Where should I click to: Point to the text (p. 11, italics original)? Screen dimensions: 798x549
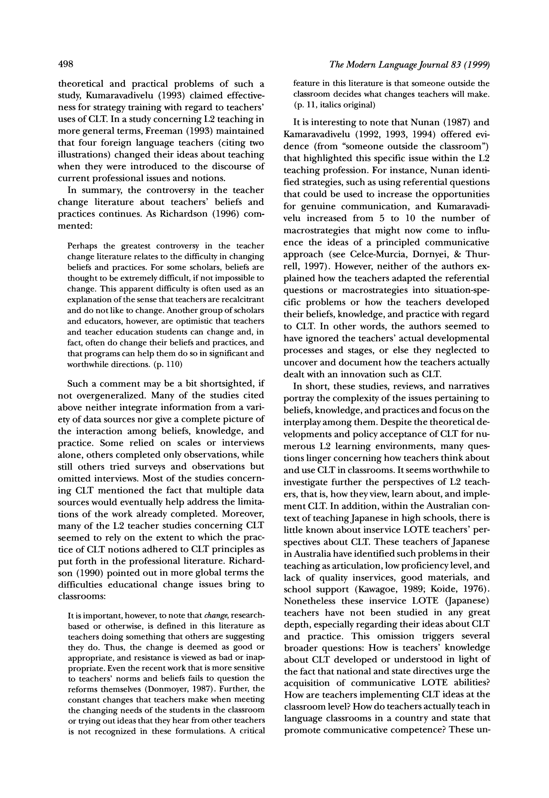pos(334,105)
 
